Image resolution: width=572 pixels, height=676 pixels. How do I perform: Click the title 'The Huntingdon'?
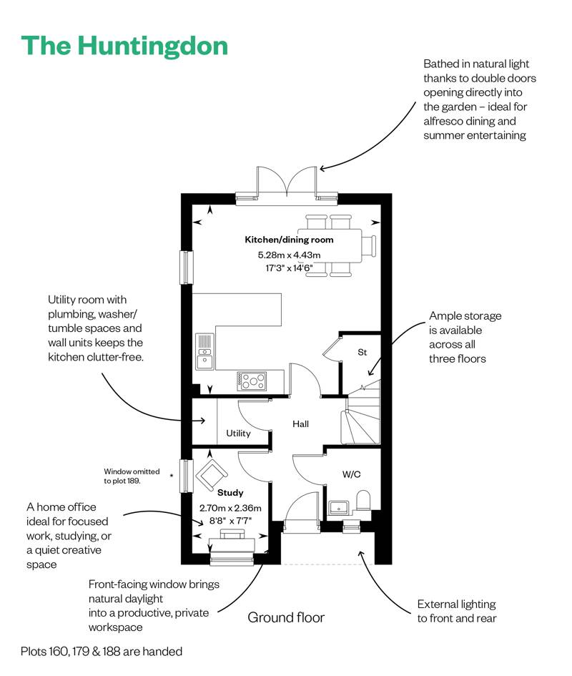coord(125,46)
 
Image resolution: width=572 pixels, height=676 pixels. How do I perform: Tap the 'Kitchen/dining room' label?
coord(289,240)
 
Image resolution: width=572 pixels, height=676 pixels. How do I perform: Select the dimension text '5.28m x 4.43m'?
coord(289,255)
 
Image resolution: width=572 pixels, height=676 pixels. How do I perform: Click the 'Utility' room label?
coord(238,433)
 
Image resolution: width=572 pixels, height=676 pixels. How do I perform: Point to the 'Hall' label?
coord(300,424)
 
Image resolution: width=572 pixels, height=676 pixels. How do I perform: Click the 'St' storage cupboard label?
coord(363,352)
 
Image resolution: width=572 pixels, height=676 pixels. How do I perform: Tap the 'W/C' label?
coord(351,474)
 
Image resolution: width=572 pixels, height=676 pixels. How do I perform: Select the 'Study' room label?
coord(230,493)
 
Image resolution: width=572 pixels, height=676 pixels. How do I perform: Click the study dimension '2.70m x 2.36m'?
coord(230,508)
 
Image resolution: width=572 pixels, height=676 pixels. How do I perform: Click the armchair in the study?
coord(212,473)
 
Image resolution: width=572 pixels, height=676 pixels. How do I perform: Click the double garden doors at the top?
coord(286,182)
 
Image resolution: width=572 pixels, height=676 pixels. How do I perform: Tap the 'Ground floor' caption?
coord(286,617)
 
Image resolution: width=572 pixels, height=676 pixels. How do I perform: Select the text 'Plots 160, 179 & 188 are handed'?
coord(102,652)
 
